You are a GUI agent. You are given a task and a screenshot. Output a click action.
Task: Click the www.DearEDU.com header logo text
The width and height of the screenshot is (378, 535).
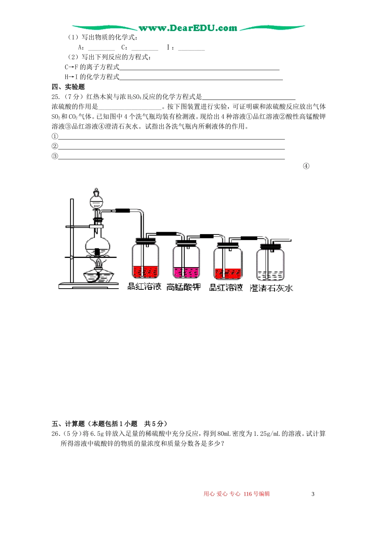pos(187,28)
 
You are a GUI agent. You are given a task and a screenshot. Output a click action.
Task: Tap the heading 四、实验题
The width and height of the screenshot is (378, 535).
pos(68,87)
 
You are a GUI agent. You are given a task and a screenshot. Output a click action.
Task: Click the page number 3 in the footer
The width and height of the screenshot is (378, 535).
pos(313,494)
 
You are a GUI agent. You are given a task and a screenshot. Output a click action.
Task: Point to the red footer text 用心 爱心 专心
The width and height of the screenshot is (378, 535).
pos(222,494)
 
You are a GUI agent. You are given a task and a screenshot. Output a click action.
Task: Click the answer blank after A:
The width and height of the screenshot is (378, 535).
pos(101,48)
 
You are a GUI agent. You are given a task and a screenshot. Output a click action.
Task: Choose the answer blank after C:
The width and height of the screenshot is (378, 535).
pos(144,48)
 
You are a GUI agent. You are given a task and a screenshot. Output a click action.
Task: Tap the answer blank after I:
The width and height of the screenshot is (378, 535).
pos(191,48)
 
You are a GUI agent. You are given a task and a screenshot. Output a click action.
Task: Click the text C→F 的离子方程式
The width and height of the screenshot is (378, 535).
pos(92,67)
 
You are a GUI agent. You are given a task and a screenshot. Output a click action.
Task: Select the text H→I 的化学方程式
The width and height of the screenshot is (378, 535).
pos(92,77)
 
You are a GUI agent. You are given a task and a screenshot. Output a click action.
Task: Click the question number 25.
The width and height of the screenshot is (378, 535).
pos(56,97)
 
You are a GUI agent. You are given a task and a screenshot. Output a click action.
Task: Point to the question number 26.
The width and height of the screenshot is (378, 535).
pos(56,433)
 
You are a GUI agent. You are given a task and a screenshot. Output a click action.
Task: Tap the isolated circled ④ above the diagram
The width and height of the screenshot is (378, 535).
pos(306,166)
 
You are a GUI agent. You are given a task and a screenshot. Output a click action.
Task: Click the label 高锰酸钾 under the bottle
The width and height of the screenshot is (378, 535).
pos(183,287)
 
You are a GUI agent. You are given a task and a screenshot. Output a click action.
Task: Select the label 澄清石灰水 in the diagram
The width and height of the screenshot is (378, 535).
pos(271,288)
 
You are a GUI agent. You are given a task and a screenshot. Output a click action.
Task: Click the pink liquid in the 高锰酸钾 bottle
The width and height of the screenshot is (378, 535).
pos(186,272)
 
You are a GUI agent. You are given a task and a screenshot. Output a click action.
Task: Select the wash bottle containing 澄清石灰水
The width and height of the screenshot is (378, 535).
pos(270,263)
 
